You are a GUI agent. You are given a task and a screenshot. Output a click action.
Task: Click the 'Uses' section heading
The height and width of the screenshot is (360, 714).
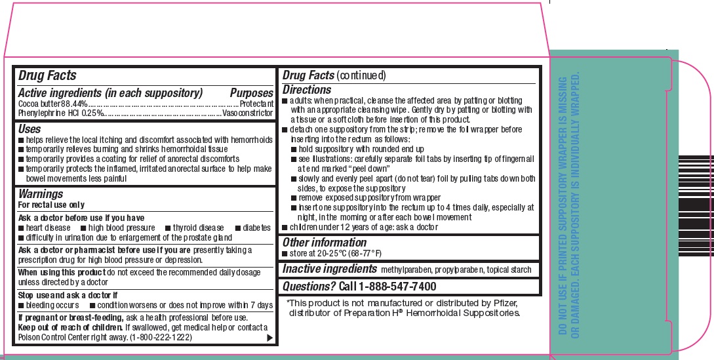pos(30,129)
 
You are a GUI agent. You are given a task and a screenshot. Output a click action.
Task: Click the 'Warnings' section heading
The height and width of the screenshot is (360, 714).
pos(41,194)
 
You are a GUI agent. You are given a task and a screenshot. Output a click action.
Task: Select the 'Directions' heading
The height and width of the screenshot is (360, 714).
pos(307,90)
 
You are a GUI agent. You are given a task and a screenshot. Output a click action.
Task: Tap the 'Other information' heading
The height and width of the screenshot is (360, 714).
pos(324,243)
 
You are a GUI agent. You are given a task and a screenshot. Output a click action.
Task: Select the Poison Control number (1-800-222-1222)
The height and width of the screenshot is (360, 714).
pos(161,336)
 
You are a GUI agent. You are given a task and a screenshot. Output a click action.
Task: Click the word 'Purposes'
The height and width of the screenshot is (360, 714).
pos(251,94)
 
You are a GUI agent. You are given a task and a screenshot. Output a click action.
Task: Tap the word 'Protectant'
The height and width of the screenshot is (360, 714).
pos(256,104)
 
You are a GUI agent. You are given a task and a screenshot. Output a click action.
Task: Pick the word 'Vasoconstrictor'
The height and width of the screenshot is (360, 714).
pos(248,113)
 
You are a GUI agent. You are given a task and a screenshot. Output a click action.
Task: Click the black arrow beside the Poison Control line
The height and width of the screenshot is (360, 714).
pos(269,337)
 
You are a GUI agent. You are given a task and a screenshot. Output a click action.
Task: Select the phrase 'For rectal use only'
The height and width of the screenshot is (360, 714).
pos(52,205)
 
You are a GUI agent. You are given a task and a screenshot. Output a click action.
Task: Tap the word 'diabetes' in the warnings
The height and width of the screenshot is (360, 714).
pos(256,228)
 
